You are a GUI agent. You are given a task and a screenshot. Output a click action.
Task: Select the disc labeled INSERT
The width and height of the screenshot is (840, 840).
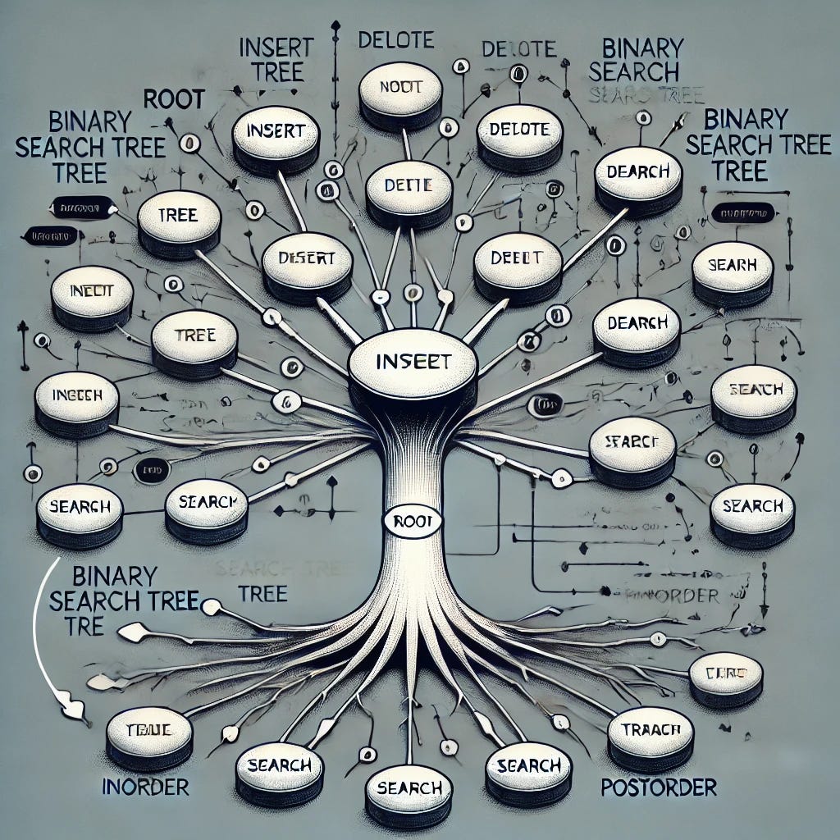(x=275, y=131)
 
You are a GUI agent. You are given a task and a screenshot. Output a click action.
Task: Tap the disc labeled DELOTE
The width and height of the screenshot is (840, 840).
(x=518, y=130)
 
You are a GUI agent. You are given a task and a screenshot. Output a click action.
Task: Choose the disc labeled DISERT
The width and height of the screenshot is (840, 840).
(x=307, y=258)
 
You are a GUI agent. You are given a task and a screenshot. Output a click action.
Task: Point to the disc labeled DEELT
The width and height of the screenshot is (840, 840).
(x=517, y=258)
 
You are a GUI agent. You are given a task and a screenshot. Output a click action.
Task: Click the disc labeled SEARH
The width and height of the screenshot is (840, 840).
(x=733, y=267)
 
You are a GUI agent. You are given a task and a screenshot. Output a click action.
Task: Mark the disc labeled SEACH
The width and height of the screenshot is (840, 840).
(x=752, y=390)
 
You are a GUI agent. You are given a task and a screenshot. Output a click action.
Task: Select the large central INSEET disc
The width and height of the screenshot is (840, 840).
(x=413, y=361)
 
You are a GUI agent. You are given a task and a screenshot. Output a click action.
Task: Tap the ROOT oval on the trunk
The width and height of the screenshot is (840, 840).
(x=413, y=521)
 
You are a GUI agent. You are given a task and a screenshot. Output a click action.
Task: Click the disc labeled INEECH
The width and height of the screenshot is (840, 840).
(x=76, y=395)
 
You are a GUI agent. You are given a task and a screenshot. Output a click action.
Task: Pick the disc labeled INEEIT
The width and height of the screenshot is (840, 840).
(x=91, y=291)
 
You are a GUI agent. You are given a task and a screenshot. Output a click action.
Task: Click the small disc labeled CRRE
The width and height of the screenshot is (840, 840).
(x=726, y=674)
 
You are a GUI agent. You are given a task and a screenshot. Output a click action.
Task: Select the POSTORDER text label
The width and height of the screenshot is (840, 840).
(x=659, y=788)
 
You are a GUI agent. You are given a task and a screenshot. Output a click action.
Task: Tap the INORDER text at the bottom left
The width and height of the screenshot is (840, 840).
(x=145, y=787)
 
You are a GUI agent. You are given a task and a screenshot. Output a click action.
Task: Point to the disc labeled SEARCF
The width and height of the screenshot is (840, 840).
(x=632, y=441)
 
